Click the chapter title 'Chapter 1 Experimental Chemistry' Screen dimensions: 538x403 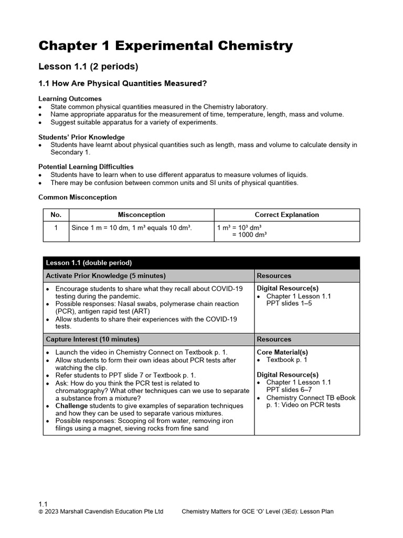165,46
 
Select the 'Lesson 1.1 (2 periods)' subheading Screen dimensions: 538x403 88,67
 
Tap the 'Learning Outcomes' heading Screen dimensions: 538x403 70,99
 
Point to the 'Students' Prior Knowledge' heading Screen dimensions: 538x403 81,137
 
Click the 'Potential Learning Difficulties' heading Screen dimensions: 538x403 86,167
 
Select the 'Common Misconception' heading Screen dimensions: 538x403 78,197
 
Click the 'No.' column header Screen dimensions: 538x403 56,215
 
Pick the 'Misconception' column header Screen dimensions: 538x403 141,215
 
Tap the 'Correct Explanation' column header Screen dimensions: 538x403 287,215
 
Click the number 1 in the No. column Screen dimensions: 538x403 56,227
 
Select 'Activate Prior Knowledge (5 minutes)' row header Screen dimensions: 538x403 105,276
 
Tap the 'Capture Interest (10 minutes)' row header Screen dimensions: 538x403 93,339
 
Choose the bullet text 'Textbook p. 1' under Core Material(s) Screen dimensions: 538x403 287,360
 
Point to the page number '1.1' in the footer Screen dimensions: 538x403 43,504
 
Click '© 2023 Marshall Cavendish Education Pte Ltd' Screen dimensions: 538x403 101,512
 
